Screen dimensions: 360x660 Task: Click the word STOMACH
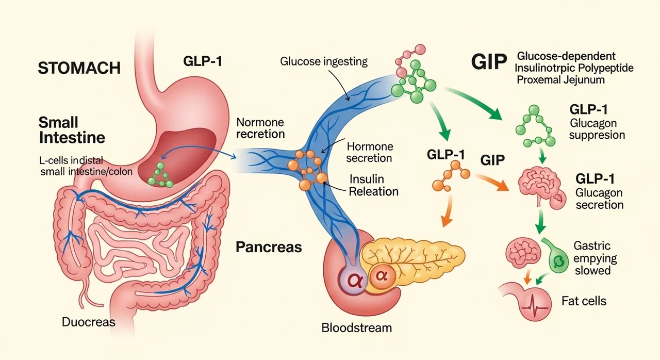point(79,68)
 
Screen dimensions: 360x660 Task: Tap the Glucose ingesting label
point(324,61)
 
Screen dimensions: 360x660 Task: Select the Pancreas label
point(268,247)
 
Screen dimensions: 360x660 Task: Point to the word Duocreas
point(89,322)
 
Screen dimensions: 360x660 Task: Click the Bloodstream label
point(356,327)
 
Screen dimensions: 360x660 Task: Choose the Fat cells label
point(584,300)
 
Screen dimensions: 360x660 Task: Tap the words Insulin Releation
point(374,185)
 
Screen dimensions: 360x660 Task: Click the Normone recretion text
point(260,128)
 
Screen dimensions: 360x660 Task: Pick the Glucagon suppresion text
point(597,129)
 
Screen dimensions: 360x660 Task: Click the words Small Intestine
point(72,130)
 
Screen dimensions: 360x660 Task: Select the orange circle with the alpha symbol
point(382,275)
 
